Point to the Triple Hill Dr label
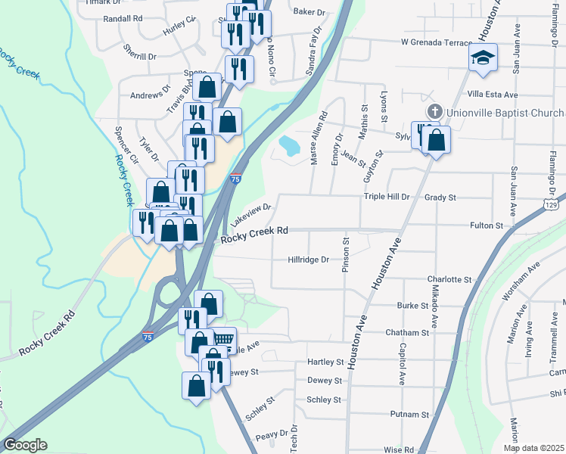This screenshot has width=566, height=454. click(386, 197)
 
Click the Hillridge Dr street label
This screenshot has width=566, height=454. click(309, 260)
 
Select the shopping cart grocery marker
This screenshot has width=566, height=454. click(223, 338)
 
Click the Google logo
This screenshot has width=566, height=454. click(24, 445)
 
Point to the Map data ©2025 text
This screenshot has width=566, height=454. click(533, 448)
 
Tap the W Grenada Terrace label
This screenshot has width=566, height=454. click(437, 42)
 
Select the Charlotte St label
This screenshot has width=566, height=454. click(448, 279)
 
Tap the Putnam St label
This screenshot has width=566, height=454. click(409, 415)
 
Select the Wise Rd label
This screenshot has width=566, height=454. click(398, 449)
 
